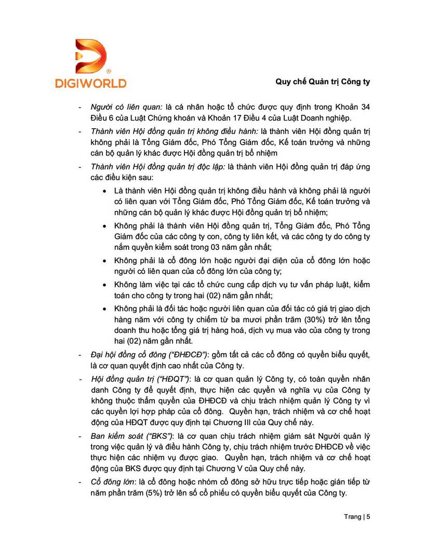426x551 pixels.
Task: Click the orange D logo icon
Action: coord(91,56)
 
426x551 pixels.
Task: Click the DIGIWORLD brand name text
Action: coord(90,83)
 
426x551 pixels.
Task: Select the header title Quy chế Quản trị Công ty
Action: coord(322,82)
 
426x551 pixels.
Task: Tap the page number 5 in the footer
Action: coord(369,517)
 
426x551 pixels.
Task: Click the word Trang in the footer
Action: coord(353,517)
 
